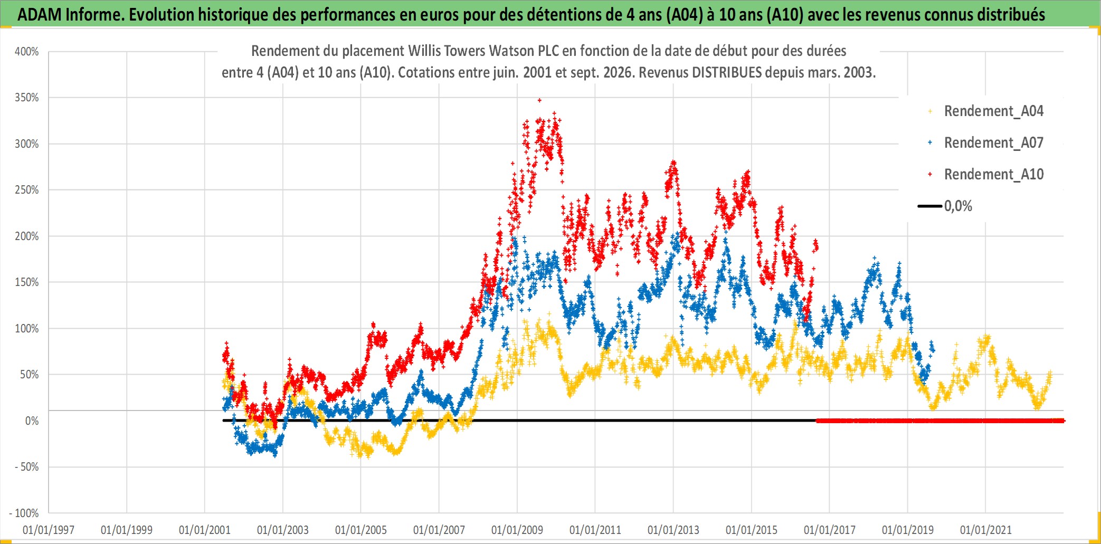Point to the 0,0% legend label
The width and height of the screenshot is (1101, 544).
[958, 206]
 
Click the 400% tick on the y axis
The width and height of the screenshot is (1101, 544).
[27, 52]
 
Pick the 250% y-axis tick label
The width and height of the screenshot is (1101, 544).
[27, 190]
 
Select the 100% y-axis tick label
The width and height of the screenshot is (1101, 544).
[27, 328]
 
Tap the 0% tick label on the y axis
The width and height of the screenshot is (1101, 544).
[32, 421]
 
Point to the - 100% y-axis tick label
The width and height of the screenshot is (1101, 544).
[24, 513]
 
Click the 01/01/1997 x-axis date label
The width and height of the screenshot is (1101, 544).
[49, 530]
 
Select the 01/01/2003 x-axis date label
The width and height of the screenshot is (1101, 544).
[283, 530]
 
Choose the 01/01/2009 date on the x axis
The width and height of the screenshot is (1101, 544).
[517, 530]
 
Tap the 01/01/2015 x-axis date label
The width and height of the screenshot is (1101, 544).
[752, 530]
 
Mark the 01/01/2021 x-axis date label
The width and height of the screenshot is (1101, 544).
[986, 530]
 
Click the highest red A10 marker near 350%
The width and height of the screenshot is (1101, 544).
[539, 100]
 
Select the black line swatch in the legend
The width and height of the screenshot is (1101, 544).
[930, 206]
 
